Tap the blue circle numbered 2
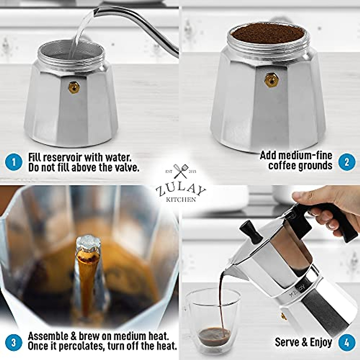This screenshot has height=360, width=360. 346,162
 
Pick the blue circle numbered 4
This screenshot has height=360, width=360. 346,342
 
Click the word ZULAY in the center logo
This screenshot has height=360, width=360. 180,190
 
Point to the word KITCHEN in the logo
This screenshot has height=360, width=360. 180,199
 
